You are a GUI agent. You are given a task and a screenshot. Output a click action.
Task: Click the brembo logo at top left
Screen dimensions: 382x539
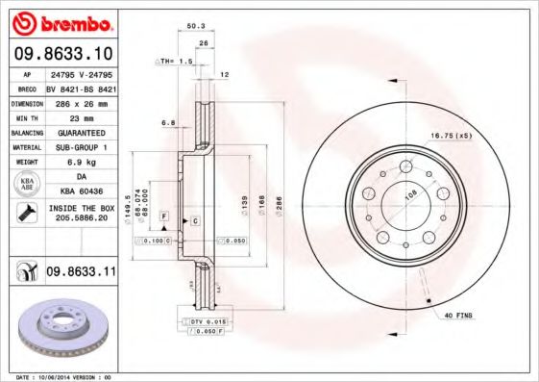click(x=63, y=21)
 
